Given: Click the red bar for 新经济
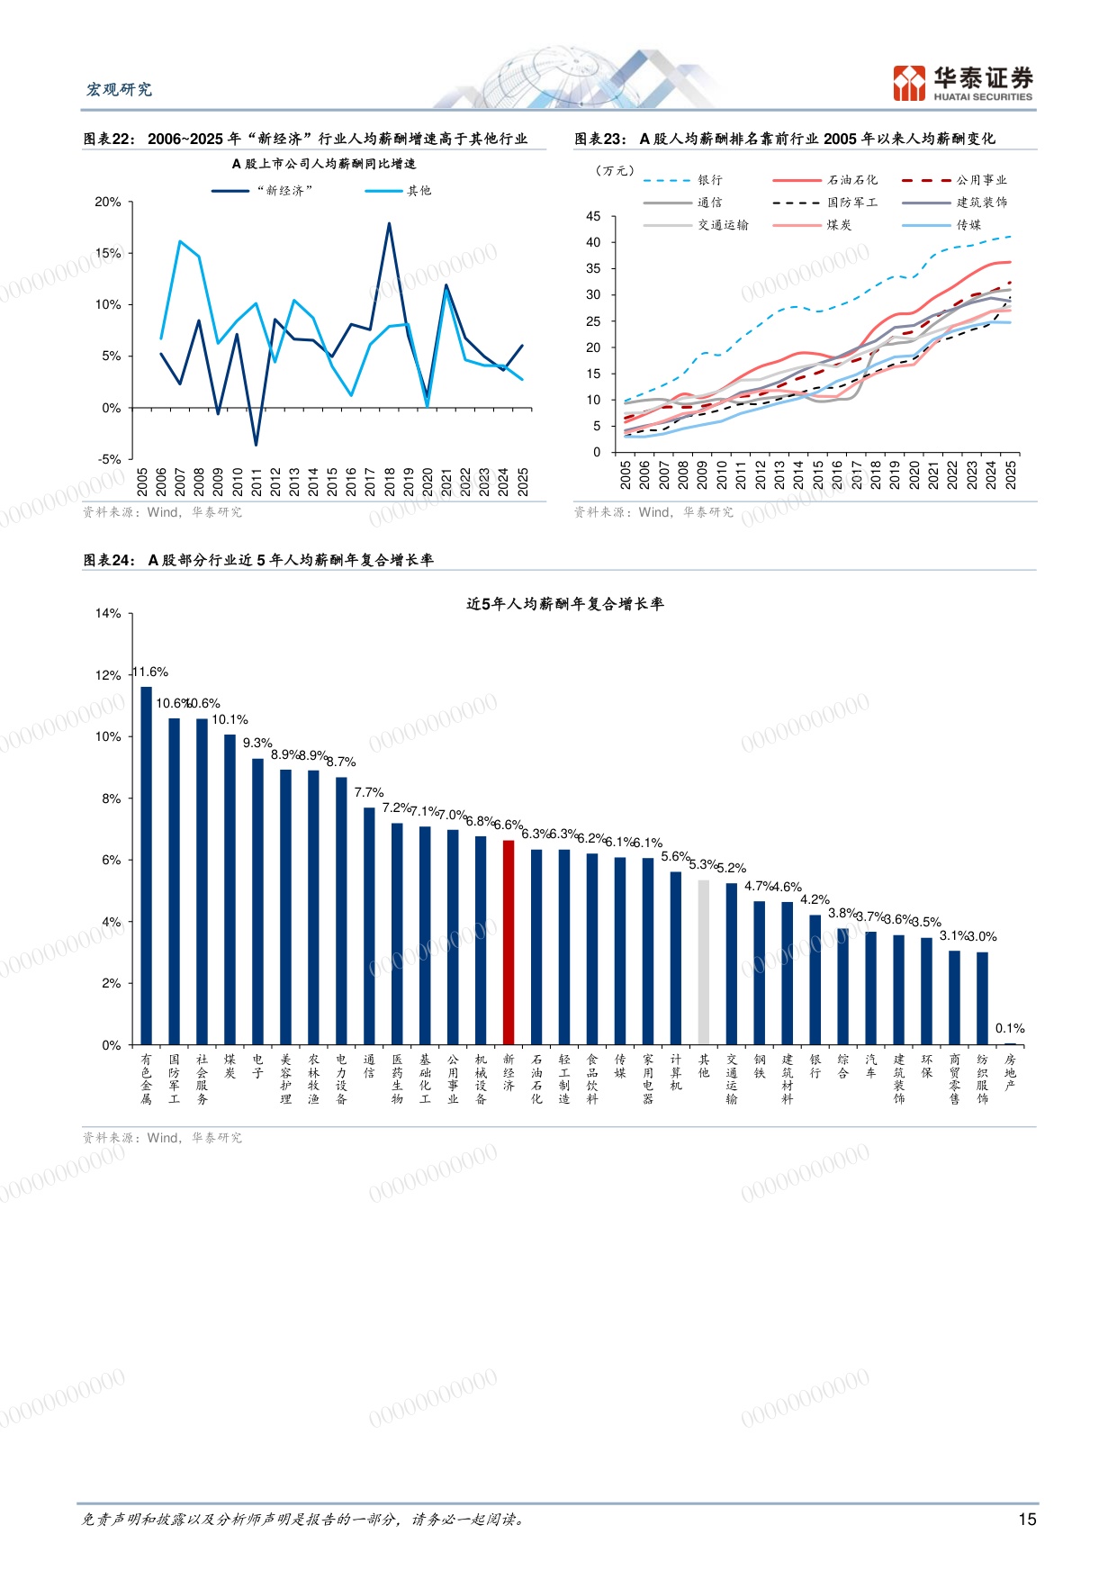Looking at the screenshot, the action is (509, 943).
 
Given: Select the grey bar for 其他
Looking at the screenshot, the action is (704, 962).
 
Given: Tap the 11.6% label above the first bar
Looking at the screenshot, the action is (150, 672).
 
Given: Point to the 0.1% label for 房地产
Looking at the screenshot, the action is (1010, 1028).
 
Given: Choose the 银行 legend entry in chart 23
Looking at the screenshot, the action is (683, 180).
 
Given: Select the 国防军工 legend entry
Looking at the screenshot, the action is (825, 203).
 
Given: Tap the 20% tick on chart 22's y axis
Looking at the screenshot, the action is (108, 202).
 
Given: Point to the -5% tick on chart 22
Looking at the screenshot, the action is (109, 459).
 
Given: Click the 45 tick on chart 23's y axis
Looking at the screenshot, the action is (593, 216).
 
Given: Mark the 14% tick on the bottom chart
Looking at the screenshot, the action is (108, 613).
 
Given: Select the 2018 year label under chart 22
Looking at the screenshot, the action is (390, 482).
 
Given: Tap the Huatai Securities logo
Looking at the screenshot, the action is (963, 83).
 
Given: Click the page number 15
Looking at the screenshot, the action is (1027, 1520).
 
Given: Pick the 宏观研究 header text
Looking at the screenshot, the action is (119, 89).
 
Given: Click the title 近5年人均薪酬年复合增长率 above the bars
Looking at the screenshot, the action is (565, 604).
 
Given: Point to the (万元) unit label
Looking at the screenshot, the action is (616, 170).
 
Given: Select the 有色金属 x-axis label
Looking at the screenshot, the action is (147, 1079).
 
